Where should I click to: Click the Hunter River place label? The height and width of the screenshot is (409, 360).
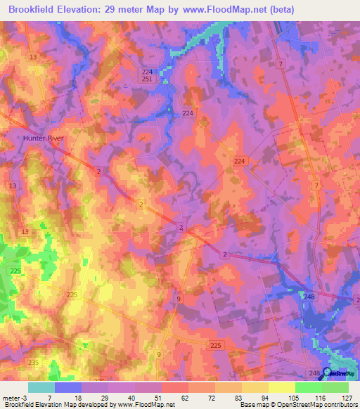[43, 138]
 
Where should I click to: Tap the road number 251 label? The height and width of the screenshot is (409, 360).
[147, 80]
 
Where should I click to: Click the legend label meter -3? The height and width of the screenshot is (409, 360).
[13, 398]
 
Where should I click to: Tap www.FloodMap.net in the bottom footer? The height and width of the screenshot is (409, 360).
[146, 405]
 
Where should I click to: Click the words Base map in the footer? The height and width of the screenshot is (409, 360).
[252, 405]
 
